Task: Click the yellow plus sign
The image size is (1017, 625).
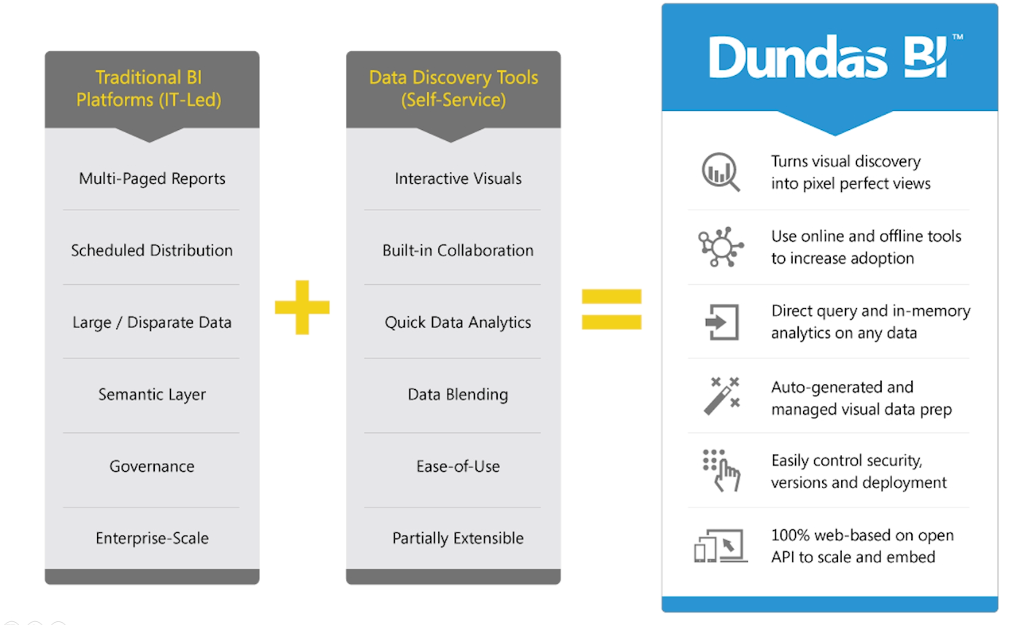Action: point(302,307)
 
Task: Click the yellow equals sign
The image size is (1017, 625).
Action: point(612,309)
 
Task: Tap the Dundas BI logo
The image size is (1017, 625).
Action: point(836,57)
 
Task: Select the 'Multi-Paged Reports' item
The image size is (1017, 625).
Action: point(152,179)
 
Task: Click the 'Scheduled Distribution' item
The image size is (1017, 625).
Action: point(152,250)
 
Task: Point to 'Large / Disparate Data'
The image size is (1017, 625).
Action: point(152,323)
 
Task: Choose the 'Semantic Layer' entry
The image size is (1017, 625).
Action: point(152,395)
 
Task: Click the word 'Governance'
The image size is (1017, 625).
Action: point(152,467)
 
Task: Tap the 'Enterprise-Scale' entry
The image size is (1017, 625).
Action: point(152,538)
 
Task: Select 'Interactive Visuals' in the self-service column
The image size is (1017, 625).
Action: point(458,178)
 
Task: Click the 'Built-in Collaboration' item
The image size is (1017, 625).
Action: point(458,250)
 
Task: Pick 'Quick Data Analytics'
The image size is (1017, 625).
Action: point(458,323)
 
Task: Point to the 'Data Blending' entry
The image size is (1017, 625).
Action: point(458,395)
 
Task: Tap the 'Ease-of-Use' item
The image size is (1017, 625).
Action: point(458,467)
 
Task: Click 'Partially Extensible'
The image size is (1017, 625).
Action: point(458,538)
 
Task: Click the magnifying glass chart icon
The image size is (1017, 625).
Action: point(721,172)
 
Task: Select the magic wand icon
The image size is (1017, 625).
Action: point(721,396)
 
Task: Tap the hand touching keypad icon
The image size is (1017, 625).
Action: point(721,470)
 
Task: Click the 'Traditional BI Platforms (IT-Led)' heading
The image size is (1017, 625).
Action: point(149,88)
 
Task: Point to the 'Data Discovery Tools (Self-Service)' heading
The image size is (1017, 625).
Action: point(453,88)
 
